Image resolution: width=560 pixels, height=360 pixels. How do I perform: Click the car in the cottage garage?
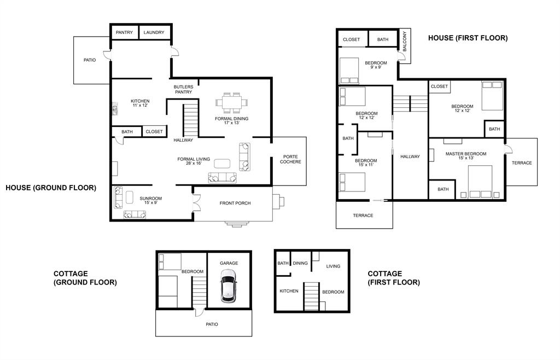229,286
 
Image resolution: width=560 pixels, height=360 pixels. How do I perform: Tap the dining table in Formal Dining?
231,102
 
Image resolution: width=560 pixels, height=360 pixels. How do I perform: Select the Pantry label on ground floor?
124,32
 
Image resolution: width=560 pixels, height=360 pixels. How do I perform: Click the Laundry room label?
154,32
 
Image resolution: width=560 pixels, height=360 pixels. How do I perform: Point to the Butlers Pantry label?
184,89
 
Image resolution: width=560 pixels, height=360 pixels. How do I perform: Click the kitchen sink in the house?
115,109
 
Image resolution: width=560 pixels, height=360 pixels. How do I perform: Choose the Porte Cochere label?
290,159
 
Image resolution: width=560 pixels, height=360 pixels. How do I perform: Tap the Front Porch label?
235,203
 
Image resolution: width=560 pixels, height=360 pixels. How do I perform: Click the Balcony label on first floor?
405,41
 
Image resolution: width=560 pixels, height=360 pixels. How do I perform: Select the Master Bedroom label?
466,154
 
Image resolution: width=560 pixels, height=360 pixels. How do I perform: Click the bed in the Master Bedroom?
480,182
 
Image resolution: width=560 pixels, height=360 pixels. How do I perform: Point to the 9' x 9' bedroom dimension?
376,67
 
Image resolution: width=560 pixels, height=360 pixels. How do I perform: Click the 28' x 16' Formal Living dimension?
194,163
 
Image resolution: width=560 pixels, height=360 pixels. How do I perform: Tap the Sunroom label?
151,199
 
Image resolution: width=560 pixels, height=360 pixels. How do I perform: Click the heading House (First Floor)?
468,38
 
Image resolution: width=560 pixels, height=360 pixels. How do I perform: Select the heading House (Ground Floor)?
51,188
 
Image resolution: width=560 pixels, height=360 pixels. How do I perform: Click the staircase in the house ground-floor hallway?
191,120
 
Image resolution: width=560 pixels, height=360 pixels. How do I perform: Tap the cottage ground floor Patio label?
212,324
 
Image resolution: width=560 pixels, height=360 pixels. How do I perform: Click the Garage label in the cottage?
229,263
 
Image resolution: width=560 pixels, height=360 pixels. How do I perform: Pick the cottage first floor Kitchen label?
289,291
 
